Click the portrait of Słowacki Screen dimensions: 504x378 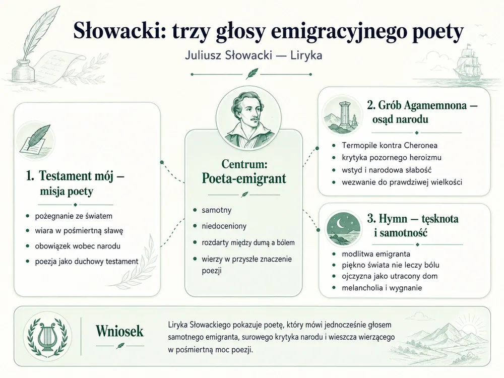click(x=248, y=119)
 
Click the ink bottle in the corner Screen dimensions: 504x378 click(x=23, y=70)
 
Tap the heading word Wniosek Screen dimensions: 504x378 click(x=119, y=331)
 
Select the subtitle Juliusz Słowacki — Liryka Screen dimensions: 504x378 click(x=254, y=55)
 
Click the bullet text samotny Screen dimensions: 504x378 click(x=216, y=210)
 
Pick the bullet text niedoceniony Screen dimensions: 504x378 click(x=224, y=226)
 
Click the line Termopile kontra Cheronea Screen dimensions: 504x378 click(x=390, y=145)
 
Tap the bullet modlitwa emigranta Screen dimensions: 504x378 click(x=376, y=254)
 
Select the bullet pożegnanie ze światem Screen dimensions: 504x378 click(x=74, y=216)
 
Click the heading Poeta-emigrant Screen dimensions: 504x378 click(x=243, y=178)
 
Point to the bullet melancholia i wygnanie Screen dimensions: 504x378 click(x=382, y=288)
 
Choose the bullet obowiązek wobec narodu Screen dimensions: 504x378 click(x=78, y=246)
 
